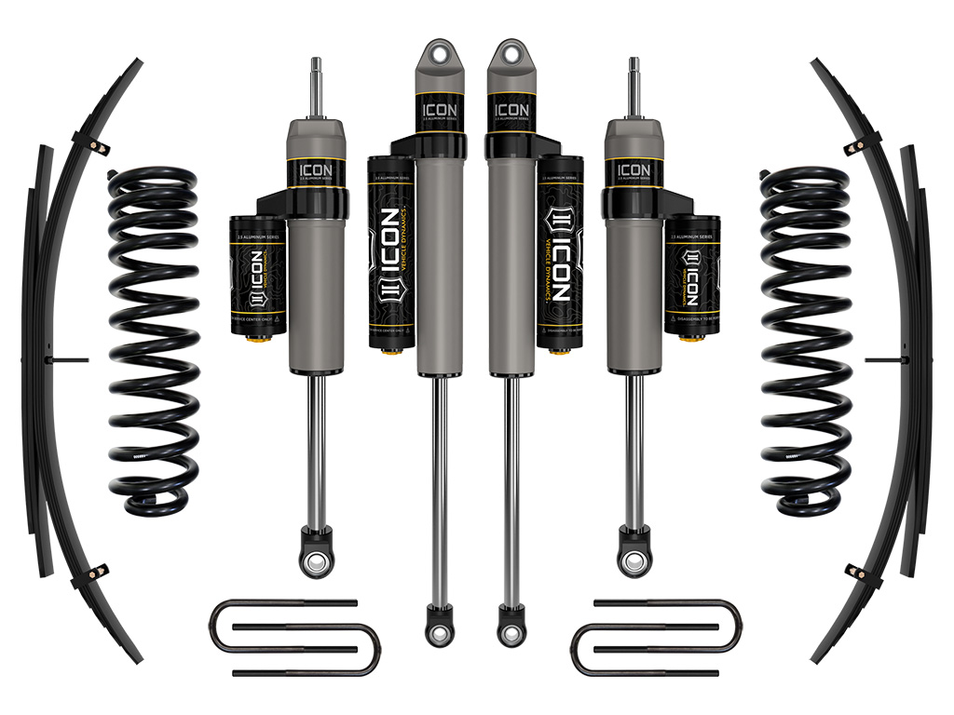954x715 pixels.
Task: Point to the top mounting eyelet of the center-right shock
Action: [511, 55]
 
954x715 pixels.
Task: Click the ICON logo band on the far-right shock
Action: [634, 171]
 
